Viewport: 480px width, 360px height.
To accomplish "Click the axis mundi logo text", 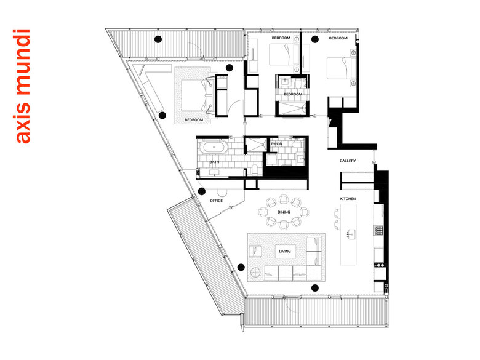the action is (x=22, y=86).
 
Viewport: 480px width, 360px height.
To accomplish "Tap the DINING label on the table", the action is (x=284, y=212).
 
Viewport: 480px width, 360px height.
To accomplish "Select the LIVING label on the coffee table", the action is (x=285, y=251).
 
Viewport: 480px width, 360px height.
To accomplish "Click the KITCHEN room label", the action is (x=348, y=199).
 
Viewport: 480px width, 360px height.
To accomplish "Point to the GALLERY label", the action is (x=348, y=161).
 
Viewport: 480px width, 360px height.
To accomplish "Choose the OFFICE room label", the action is (x=217, y=201).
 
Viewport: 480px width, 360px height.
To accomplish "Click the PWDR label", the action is (x=276, y=144).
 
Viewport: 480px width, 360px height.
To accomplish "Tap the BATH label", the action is (x=214, y=162).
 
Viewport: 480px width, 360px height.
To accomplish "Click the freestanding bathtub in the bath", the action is (x=214, y=148).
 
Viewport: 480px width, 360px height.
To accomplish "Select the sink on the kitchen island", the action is (x=351, y=234).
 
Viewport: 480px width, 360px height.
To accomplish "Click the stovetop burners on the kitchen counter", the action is (x=378, y=230).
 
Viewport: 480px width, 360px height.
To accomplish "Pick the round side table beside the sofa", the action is (x=255, y=272).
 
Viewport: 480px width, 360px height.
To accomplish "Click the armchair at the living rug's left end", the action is (x=255, y=251).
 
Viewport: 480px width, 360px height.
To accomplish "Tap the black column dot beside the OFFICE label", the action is (x=201, y=191).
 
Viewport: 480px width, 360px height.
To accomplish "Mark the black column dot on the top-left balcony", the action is (x=158, y=39).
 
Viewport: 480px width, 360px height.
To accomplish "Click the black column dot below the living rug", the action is (x=314, y=288).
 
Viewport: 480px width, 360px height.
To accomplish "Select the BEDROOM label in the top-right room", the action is (x=338, y=38).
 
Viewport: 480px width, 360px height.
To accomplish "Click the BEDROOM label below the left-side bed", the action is (x=194, y=120).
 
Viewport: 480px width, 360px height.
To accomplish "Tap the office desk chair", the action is (x=222, y=193).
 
